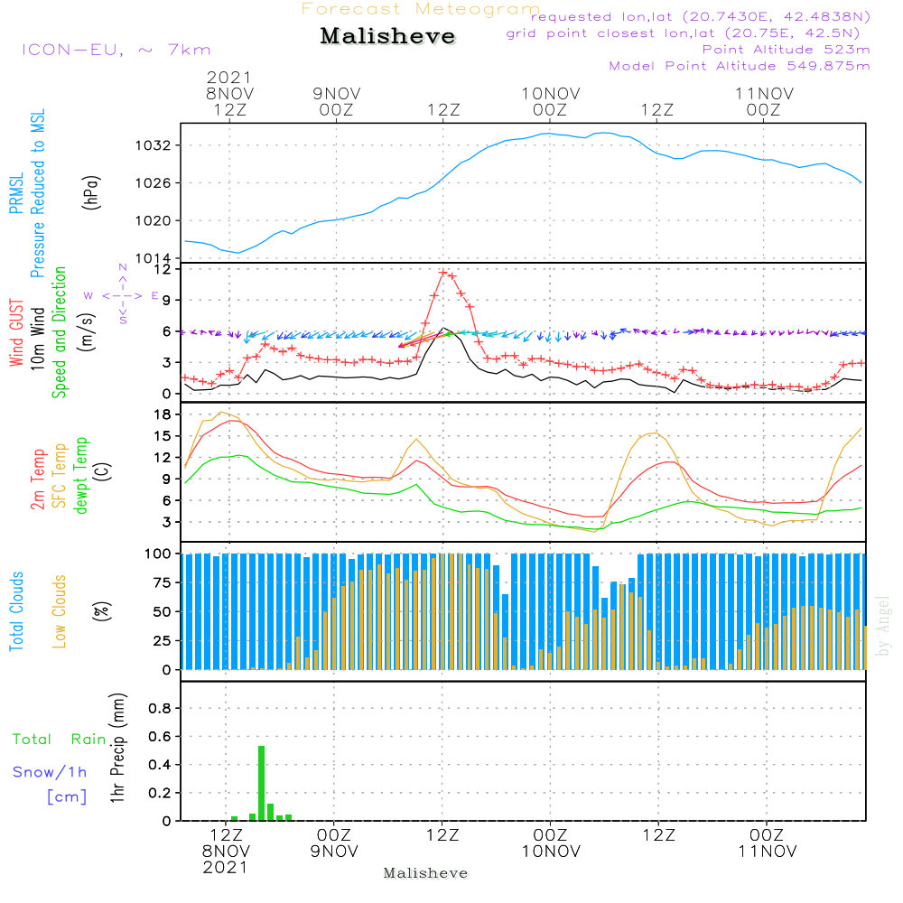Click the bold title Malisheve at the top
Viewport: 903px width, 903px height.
coord(388,37)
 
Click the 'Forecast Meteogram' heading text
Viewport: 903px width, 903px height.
coord(421,10)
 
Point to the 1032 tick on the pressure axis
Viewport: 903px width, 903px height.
coord(158,145)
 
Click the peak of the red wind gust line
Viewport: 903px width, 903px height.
coord(443,272)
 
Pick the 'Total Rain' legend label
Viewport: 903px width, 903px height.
coord(60,740)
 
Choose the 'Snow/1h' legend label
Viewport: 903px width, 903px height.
coord(50,773)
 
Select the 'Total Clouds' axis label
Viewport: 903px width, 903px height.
coord(16,610)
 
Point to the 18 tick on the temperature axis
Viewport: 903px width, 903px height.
coord(163,414)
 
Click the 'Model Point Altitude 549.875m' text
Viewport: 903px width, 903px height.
coord(740,66)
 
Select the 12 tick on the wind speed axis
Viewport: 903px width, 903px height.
coord(163,269)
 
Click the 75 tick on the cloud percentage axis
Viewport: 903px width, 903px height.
coord(162,582)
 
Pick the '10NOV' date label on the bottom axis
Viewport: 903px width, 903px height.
coord(550,852)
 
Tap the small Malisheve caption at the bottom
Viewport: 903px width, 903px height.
coord(425,873)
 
